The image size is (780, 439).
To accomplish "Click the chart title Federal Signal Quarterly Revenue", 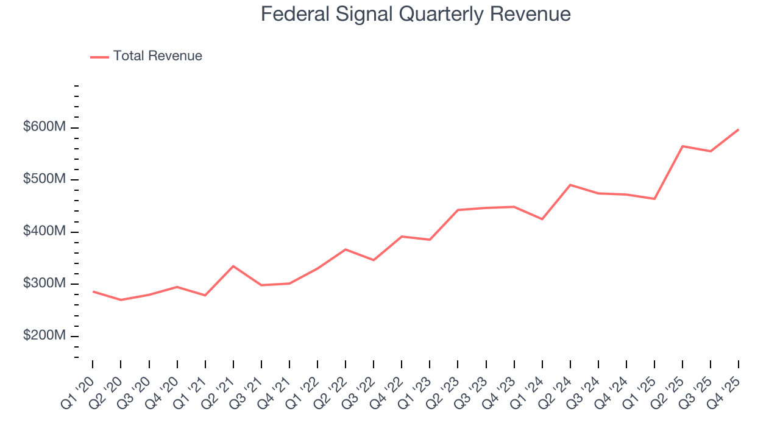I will (416, 14).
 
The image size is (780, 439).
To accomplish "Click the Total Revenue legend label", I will (157, 56).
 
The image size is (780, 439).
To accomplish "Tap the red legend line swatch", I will (99, 57).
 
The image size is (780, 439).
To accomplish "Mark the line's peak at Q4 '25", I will (739, 129).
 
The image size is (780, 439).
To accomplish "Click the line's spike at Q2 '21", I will (233, 266).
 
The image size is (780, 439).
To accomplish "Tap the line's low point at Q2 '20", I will (121, 300).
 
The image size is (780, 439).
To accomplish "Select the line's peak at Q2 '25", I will (682, 146).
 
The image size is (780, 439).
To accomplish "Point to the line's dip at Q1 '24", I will (542, 219).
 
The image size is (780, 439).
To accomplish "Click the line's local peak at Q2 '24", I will (570, 185).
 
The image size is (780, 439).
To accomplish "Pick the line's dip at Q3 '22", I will (374, 260).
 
